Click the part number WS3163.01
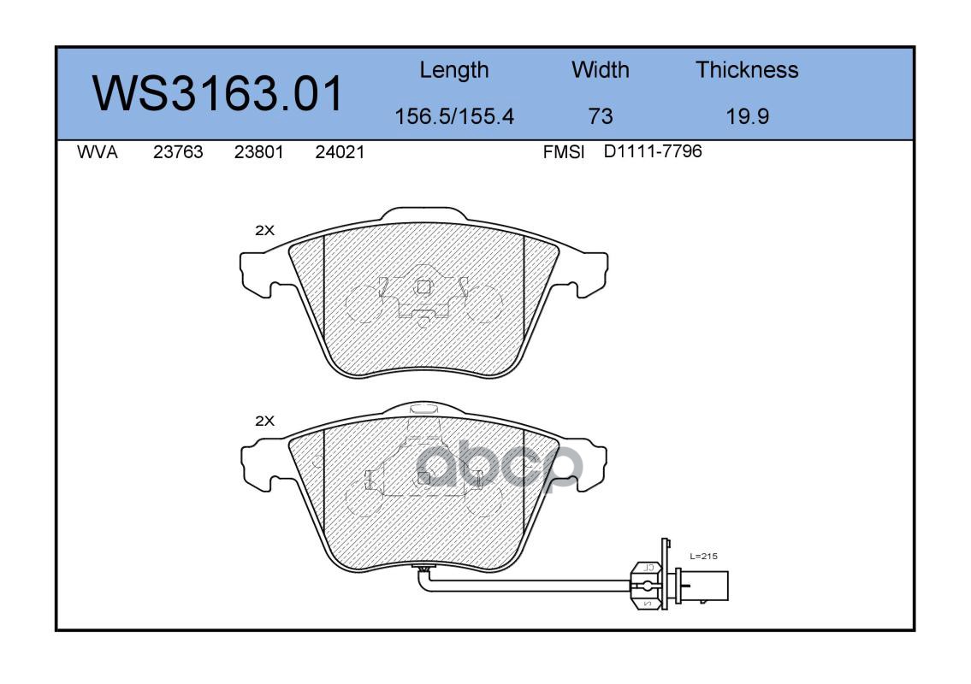click(217, 93)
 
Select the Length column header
click(454, 71)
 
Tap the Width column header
click(600, 69)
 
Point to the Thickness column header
click(747, 69)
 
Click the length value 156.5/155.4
click(454, 116)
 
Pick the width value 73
click(600, 116)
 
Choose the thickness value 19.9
click(748, 116)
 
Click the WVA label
click(98, 152)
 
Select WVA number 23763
click(178, 152)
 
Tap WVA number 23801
click(259, 152)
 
